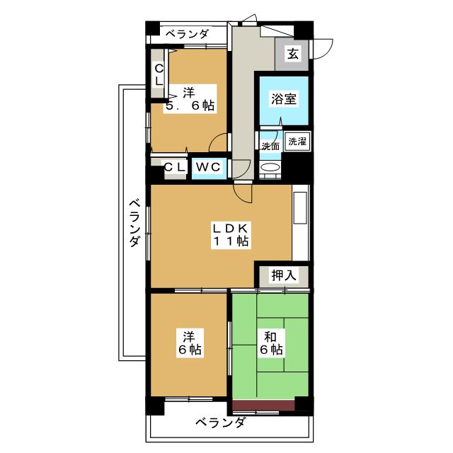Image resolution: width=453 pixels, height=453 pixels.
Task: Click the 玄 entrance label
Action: click(x=292, y=54)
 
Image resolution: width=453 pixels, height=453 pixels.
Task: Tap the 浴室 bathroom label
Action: click(x=284, y=99)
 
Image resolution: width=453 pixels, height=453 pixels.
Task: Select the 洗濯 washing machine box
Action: click(x=297, y=142)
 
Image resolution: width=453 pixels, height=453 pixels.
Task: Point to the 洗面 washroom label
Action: click(x=270, y=147)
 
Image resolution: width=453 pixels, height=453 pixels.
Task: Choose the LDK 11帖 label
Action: click(x=230, y=234)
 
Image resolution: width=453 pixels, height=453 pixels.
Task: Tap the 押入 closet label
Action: click(x=284, y=275)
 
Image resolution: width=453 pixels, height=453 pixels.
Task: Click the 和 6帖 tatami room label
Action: click(x=270, y=343)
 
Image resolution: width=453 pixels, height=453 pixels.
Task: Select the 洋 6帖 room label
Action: click(x=189, y=343)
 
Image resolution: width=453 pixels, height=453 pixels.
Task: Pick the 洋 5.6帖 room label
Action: click(x=190, y=100)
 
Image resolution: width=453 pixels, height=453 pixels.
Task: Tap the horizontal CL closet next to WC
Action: click(x=175, y=168)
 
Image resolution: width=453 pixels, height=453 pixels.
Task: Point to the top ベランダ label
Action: click(x=187, y=34)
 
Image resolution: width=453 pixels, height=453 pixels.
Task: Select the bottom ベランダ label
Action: click(x=220, y=423)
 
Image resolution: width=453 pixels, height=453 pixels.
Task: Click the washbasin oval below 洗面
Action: click(x=270, y=167)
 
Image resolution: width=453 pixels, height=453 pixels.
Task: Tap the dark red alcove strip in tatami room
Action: click(x=263, y=405)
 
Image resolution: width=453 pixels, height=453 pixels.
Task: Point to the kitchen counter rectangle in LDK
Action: click(x=300, y=207)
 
